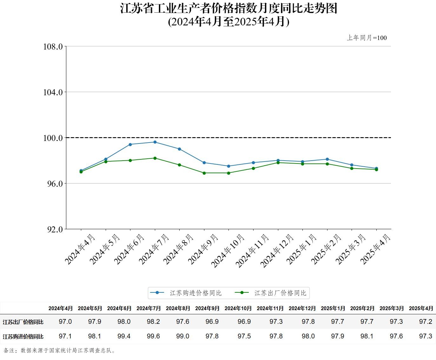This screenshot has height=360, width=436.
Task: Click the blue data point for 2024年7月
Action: [155, 142]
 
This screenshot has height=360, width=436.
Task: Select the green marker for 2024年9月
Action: [204, 173]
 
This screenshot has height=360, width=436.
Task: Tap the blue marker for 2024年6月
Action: [130, 144]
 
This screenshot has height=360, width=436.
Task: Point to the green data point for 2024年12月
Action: [278, 163]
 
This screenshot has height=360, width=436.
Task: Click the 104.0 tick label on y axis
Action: [53, 92]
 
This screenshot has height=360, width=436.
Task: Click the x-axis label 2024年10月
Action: [228, 251]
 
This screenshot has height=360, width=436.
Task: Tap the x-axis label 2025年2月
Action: [326, 249]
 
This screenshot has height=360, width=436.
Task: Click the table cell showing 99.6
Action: [153, 336]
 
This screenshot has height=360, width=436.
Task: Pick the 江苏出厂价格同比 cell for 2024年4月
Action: [65, 322]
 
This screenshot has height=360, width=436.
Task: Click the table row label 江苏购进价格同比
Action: [23, 337]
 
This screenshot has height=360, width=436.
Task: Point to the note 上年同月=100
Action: [367, 38]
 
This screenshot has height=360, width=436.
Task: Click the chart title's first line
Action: [228, 9]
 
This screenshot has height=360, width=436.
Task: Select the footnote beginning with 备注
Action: [60, 350]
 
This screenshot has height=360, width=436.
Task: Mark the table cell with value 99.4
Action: [124, 336]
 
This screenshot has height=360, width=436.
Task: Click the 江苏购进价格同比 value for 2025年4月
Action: [426, 336]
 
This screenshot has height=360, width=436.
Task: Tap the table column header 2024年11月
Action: [270, 308]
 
